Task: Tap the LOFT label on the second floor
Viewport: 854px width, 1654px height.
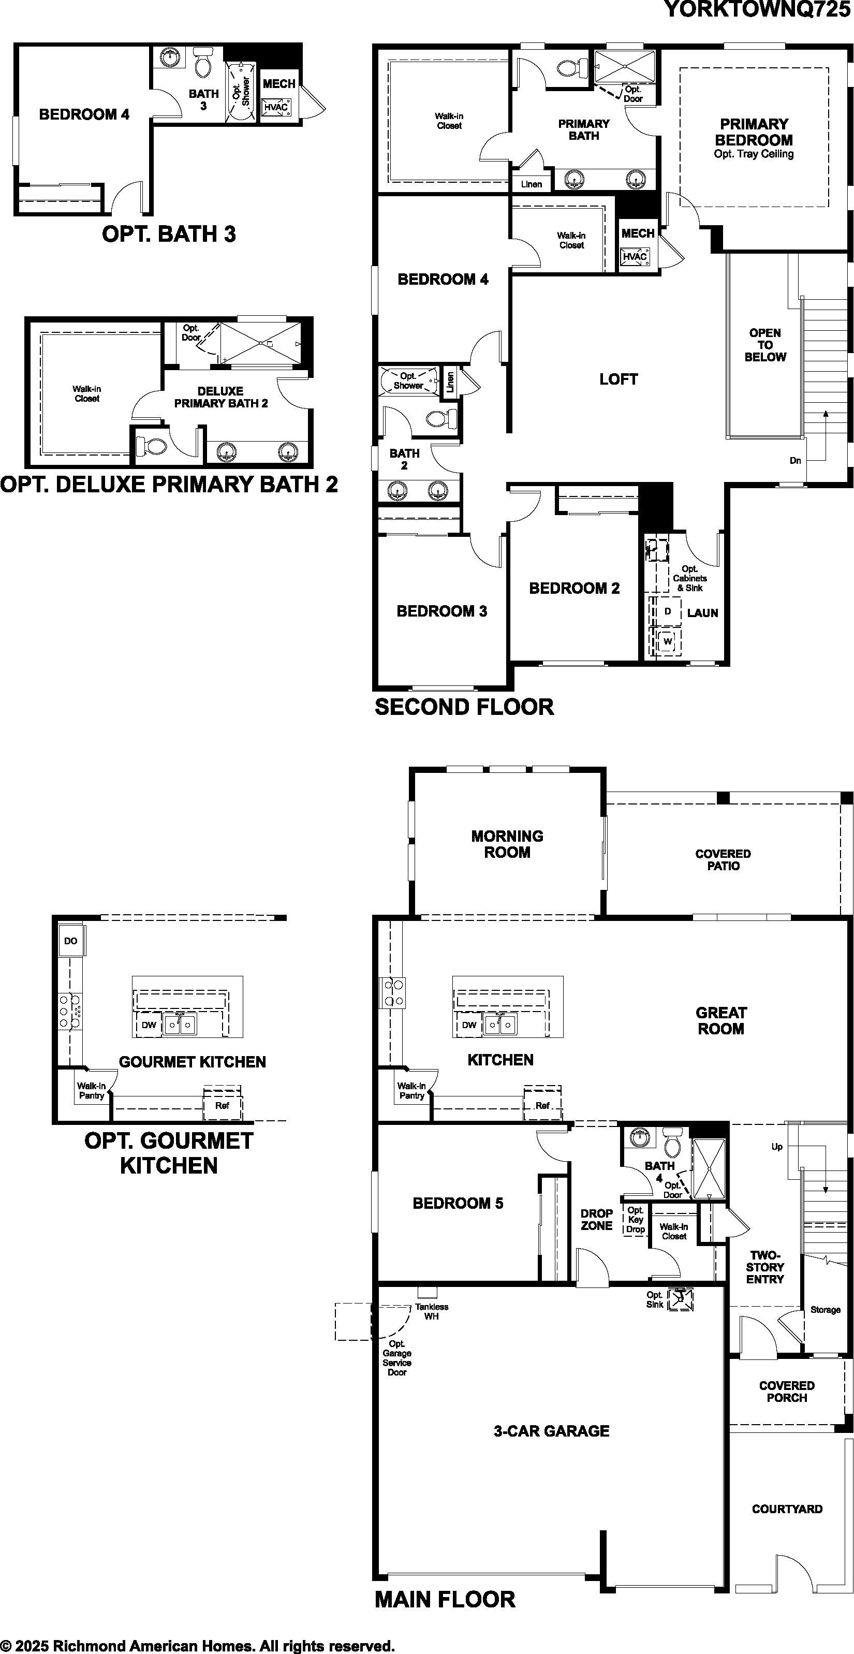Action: [x=619, y=379]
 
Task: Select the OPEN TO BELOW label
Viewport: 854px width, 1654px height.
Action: [x=765, y=345]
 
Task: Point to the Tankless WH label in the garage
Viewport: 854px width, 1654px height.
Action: [x=432, y=1311]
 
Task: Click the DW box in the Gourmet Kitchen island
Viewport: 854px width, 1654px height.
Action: [x=149, y=1026]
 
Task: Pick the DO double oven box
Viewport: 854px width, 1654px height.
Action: [x=70, y=941]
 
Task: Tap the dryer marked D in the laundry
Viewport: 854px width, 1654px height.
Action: [x=667, y=611]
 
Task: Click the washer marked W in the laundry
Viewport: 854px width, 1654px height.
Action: [x=668, y=641]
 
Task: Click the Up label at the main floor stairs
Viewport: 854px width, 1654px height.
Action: [x=777, y=1147]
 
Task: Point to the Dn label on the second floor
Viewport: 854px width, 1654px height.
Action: [x=795, y=460]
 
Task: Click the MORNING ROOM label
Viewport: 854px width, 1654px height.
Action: [x=507, y=844]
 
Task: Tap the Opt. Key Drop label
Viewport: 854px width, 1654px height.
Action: [x=635, y=1219]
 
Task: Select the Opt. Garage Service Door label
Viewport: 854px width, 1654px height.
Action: [x=397, y=1358]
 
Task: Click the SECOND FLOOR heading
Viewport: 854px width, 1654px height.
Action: [x=464, y=707]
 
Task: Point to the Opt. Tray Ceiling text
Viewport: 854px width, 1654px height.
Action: [x=754, y=154]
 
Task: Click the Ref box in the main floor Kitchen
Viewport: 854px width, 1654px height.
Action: [x=542, y=1106]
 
